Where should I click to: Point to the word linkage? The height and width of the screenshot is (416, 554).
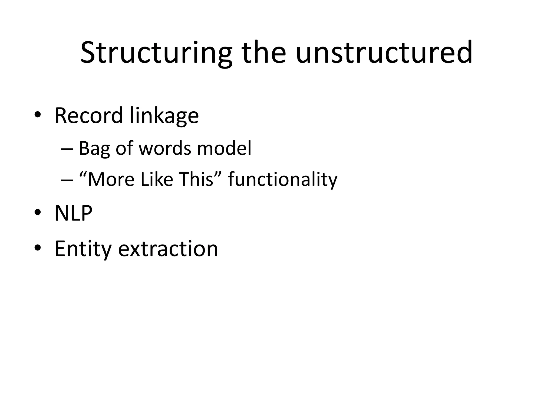[x=164, y=116]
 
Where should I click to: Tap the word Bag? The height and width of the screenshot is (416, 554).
[x=94, y=149]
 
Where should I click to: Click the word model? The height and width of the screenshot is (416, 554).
[x=224, y=148]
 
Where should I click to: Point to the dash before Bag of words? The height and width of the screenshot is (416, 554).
[x=67, y=149]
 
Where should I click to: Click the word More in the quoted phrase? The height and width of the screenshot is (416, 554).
[x=111, y=179]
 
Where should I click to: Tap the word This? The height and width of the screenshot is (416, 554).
[x=197, y=179]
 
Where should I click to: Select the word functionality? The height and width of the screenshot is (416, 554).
[x=283, y=180]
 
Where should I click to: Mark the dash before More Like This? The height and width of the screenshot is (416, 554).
[x=67, y=180]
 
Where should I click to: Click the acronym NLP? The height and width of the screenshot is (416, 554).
[x=73, y=213]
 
